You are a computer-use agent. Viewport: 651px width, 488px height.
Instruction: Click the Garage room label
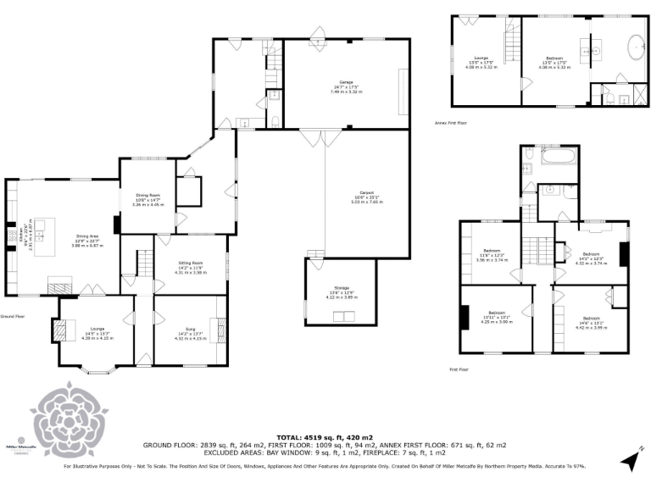[346, 86]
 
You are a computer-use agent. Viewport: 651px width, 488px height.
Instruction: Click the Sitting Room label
[191, 268]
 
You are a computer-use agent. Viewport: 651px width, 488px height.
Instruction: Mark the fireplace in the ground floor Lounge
[58, 329]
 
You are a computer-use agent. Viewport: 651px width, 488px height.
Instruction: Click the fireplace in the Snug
[223, 327]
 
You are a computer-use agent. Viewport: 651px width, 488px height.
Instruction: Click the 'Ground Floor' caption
[13, 315]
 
